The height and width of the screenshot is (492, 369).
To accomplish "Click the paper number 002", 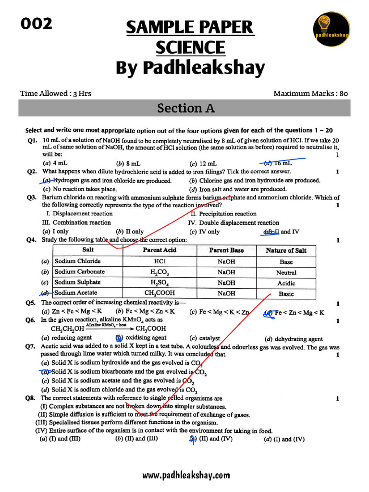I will pyautogui.click(x=36, y=24).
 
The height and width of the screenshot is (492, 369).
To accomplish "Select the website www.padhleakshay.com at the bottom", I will pyautogui.click(x=186, y=475).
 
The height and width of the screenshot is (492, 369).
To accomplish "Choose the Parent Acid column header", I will pyautogui.click(x=160, y=250).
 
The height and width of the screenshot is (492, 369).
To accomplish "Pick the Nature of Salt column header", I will pyautogui.click(x=286, y=250).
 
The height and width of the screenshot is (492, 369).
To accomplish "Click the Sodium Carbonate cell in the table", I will pyautogui.click(x=79, y=272).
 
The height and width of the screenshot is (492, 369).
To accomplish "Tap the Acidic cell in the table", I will pyautogui.click(x=286, y=283).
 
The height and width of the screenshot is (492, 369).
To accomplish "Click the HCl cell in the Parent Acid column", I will pyautogui.click(x=160, y=261).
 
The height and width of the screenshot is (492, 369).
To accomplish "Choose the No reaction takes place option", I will pyautogui.click(x=79, y=189).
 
